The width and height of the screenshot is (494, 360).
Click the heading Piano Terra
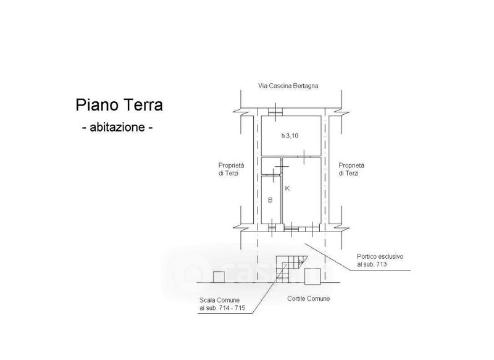point(119,105)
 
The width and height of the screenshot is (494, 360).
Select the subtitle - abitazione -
point(117,127)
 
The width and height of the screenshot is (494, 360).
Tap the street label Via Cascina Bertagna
point(288,86)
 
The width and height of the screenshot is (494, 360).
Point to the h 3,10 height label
point(290,136)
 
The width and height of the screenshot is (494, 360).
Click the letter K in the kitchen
point(287,188)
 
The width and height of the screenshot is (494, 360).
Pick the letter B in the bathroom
point(270,200)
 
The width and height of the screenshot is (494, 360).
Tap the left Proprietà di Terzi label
point(231,169)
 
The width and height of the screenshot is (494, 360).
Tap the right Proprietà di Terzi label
point(351,169)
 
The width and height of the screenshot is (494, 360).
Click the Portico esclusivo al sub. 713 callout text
point(380,261)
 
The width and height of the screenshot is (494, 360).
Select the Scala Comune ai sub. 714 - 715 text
point(222,304)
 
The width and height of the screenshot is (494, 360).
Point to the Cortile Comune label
point(308,299)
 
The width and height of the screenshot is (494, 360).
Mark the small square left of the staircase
point(219,277)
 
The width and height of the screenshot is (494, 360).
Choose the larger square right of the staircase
point(312,277)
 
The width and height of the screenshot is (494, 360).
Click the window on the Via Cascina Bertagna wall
point(275,112)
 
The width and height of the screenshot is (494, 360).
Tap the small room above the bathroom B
point(270,165)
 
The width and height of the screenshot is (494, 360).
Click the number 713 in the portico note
point(381,264)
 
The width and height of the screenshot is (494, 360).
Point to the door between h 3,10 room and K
point(304,157)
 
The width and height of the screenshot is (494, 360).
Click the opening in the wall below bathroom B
point(272,228)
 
